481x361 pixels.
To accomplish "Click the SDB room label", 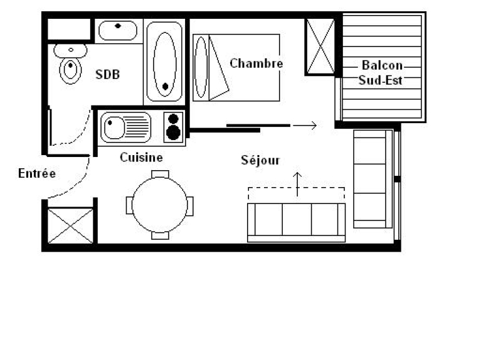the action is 107,74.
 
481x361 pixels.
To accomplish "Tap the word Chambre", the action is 256,63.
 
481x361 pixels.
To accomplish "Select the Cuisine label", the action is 141,158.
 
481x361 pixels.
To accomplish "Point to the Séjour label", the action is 260,160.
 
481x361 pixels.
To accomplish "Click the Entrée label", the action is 37,173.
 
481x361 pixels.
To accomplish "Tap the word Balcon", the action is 382,65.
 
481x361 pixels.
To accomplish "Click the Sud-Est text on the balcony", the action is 381,80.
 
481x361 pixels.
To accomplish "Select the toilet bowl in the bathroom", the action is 70,70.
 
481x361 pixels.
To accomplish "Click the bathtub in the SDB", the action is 164,62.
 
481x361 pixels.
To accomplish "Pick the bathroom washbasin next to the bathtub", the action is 118,30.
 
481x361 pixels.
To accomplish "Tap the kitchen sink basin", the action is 114,127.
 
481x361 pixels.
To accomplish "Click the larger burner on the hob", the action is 173,132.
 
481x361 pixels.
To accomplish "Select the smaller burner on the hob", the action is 173,119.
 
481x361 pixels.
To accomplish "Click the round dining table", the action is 160,205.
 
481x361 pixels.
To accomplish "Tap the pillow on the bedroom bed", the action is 201,67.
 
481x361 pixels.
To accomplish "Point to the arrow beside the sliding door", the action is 305,126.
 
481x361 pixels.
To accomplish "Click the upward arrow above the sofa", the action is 297,184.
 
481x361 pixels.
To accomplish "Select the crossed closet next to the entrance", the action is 70,226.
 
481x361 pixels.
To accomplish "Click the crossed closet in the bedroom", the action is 320,46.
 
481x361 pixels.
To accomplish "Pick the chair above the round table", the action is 160,175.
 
